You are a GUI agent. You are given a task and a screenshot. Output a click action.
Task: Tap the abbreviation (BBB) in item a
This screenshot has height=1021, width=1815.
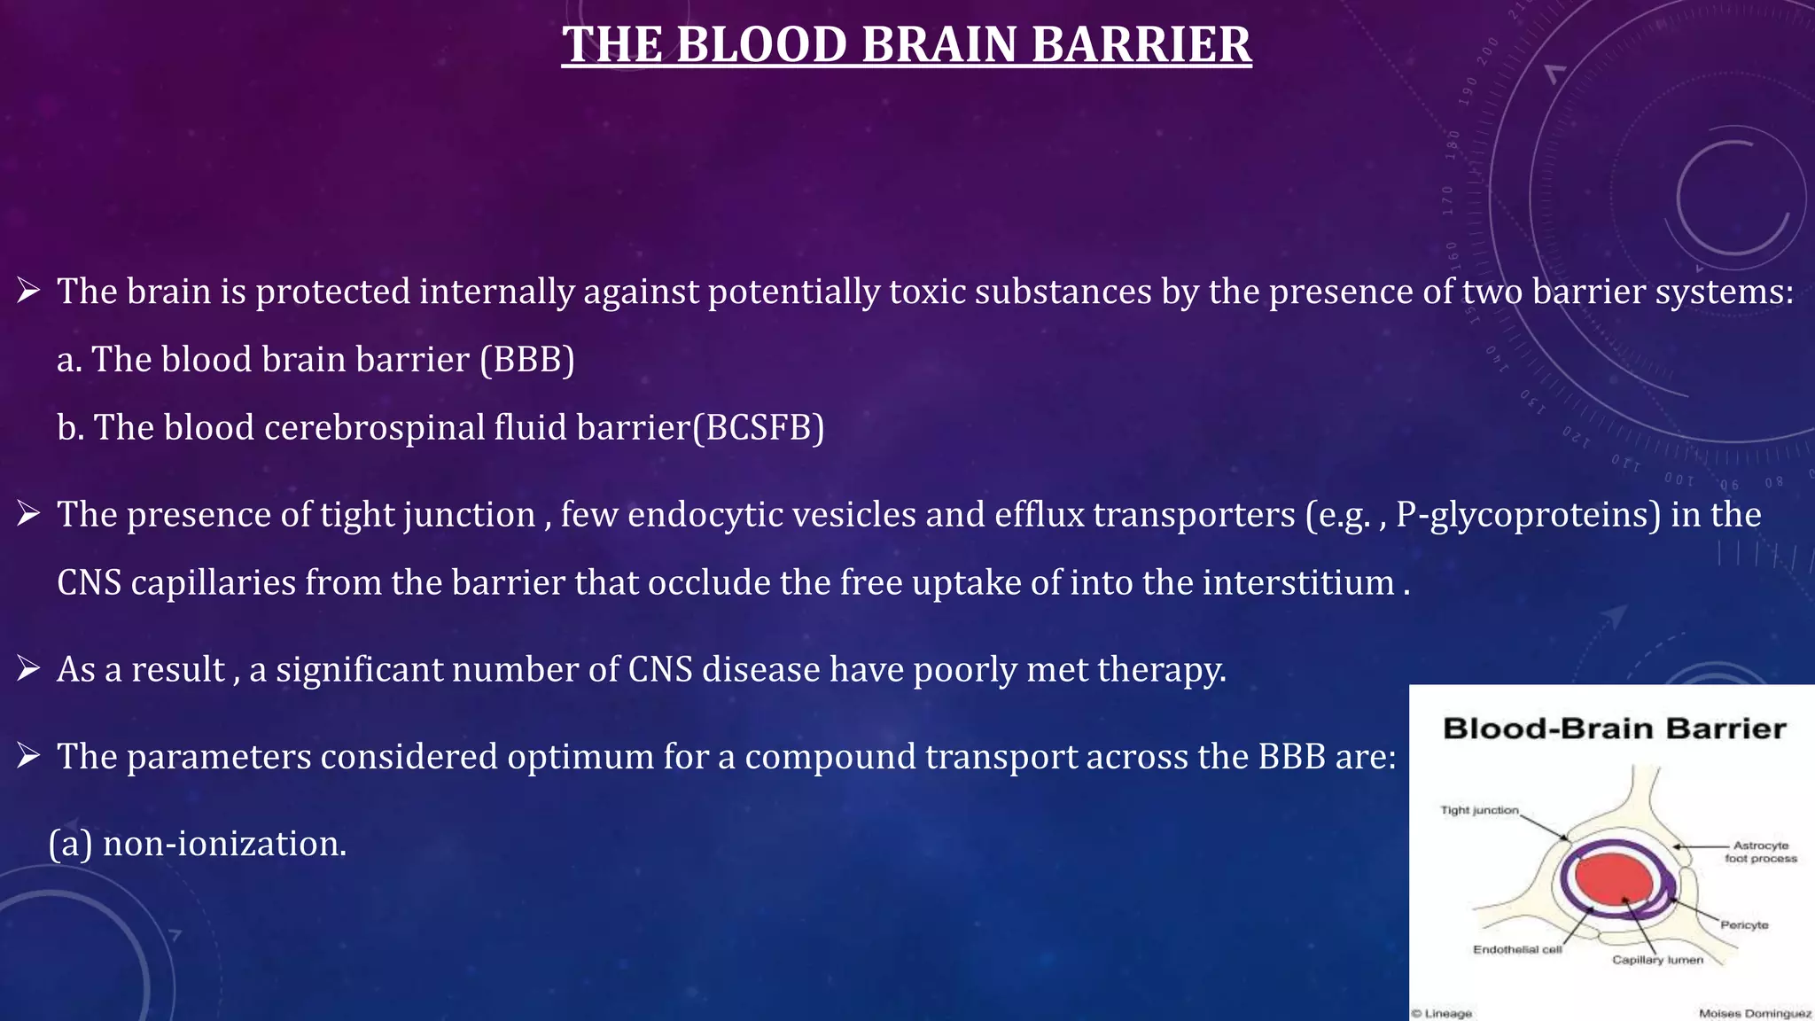[x=527, y=360]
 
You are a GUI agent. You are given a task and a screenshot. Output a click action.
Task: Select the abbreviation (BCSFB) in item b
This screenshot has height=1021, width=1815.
[x=759, y=428]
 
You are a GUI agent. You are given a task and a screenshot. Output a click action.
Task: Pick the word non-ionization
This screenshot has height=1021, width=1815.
[x=224, y=844]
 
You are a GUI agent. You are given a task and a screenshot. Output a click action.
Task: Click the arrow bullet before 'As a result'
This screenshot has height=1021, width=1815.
[x=28, y=668]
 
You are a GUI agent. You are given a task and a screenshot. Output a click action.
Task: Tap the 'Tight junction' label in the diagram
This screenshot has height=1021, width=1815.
[x=1479, y=810]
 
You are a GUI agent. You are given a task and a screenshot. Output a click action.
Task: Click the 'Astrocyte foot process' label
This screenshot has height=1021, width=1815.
[x=1760, y=852]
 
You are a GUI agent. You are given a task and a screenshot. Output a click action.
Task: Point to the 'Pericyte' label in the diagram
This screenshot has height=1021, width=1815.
[x=1744, y=924]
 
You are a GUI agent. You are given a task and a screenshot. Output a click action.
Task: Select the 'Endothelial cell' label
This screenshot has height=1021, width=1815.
[x=1517, y=949]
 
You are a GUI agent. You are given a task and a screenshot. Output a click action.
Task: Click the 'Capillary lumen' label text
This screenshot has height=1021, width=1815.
[x=1657, y=960]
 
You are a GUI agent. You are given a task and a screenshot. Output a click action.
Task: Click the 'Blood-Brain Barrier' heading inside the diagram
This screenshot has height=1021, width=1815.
[x=1614, y=729]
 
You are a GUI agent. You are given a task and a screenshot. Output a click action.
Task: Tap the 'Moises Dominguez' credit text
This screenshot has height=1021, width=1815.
[x=1754, y=1013]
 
